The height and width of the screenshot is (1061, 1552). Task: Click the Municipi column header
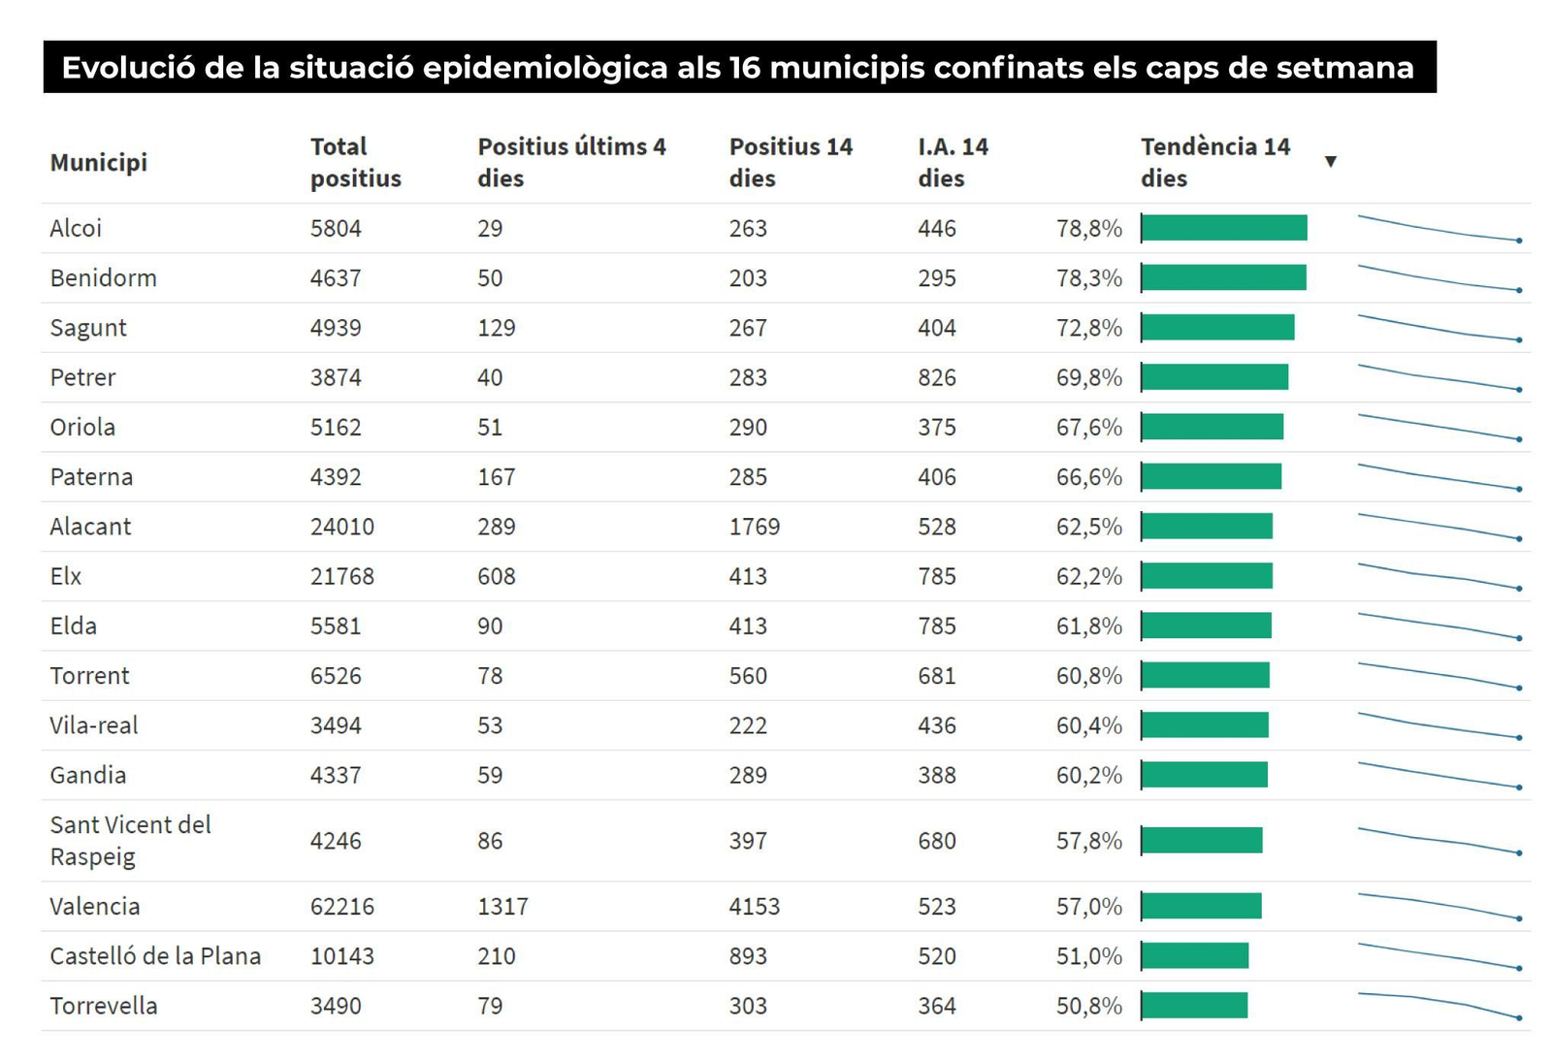98,162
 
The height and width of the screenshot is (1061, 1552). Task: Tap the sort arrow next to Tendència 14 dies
1331,162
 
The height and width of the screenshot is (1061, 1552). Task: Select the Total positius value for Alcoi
336,229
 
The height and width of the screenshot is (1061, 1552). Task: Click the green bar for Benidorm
1224,278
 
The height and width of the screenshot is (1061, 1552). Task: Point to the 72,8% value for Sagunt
1088,328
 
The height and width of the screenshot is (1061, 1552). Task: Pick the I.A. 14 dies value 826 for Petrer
936,377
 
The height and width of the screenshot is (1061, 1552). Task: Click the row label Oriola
82,428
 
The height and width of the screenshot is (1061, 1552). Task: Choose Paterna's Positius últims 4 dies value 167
496,477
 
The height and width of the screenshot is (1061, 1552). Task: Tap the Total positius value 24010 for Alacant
341,527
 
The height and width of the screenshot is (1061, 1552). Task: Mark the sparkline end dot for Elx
1519,589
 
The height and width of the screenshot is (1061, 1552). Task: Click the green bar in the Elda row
1207,627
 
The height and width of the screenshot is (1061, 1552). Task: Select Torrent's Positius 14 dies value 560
748,676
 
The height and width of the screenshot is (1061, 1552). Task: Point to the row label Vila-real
94,725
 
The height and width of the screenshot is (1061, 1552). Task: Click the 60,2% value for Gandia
1088,775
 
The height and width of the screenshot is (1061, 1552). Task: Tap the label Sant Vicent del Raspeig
130,840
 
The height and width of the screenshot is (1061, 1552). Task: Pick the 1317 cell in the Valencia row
502,907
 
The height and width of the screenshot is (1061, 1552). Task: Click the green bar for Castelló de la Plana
1195,956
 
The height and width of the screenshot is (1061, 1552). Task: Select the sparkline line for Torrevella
1436,1001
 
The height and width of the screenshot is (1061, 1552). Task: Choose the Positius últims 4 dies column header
571,162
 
